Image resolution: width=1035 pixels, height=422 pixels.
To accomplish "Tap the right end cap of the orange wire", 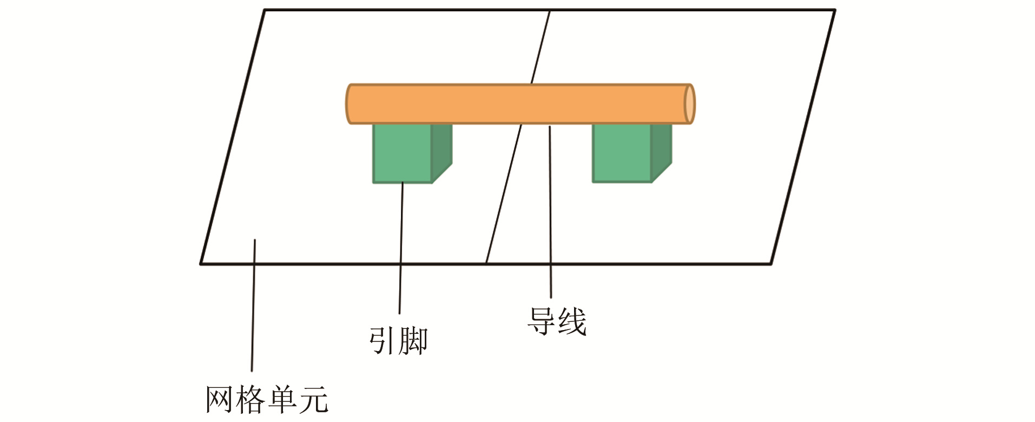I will (x=689, y=104).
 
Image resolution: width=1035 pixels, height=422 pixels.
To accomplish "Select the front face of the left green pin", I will (x=402, y=154).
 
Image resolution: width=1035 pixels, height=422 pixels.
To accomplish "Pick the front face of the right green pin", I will (x=622, y=154).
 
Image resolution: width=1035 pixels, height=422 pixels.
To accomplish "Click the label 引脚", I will (x=398, y=341).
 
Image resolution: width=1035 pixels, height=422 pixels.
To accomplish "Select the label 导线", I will (x=557, y=321).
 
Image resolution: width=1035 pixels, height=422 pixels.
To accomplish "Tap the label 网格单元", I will (x=267, y=400).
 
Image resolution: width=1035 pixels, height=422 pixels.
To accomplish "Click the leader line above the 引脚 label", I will (x=401, y=249).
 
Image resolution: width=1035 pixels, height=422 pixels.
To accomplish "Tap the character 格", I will (x=251, y=400).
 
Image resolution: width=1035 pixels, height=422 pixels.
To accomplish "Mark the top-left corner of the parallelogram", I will (x=264, y=10).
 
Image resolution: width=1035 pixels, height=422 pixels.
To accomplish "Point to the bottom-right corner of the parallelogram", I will (x=770, y=263).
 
